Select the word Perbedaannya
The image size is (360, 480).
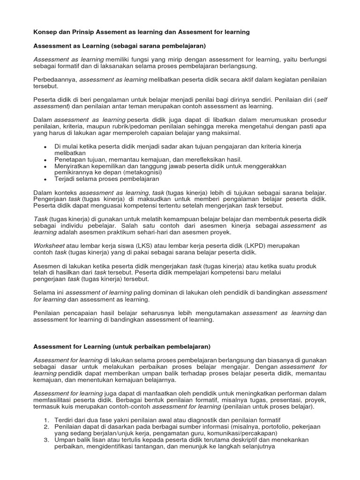[55, 80]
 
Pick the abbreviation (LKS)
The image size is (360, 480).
[144, 246]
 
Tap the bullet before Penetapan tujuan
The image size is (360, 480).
[45, 160]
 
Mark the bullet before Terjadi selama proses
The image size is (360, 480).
[45, 179]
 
